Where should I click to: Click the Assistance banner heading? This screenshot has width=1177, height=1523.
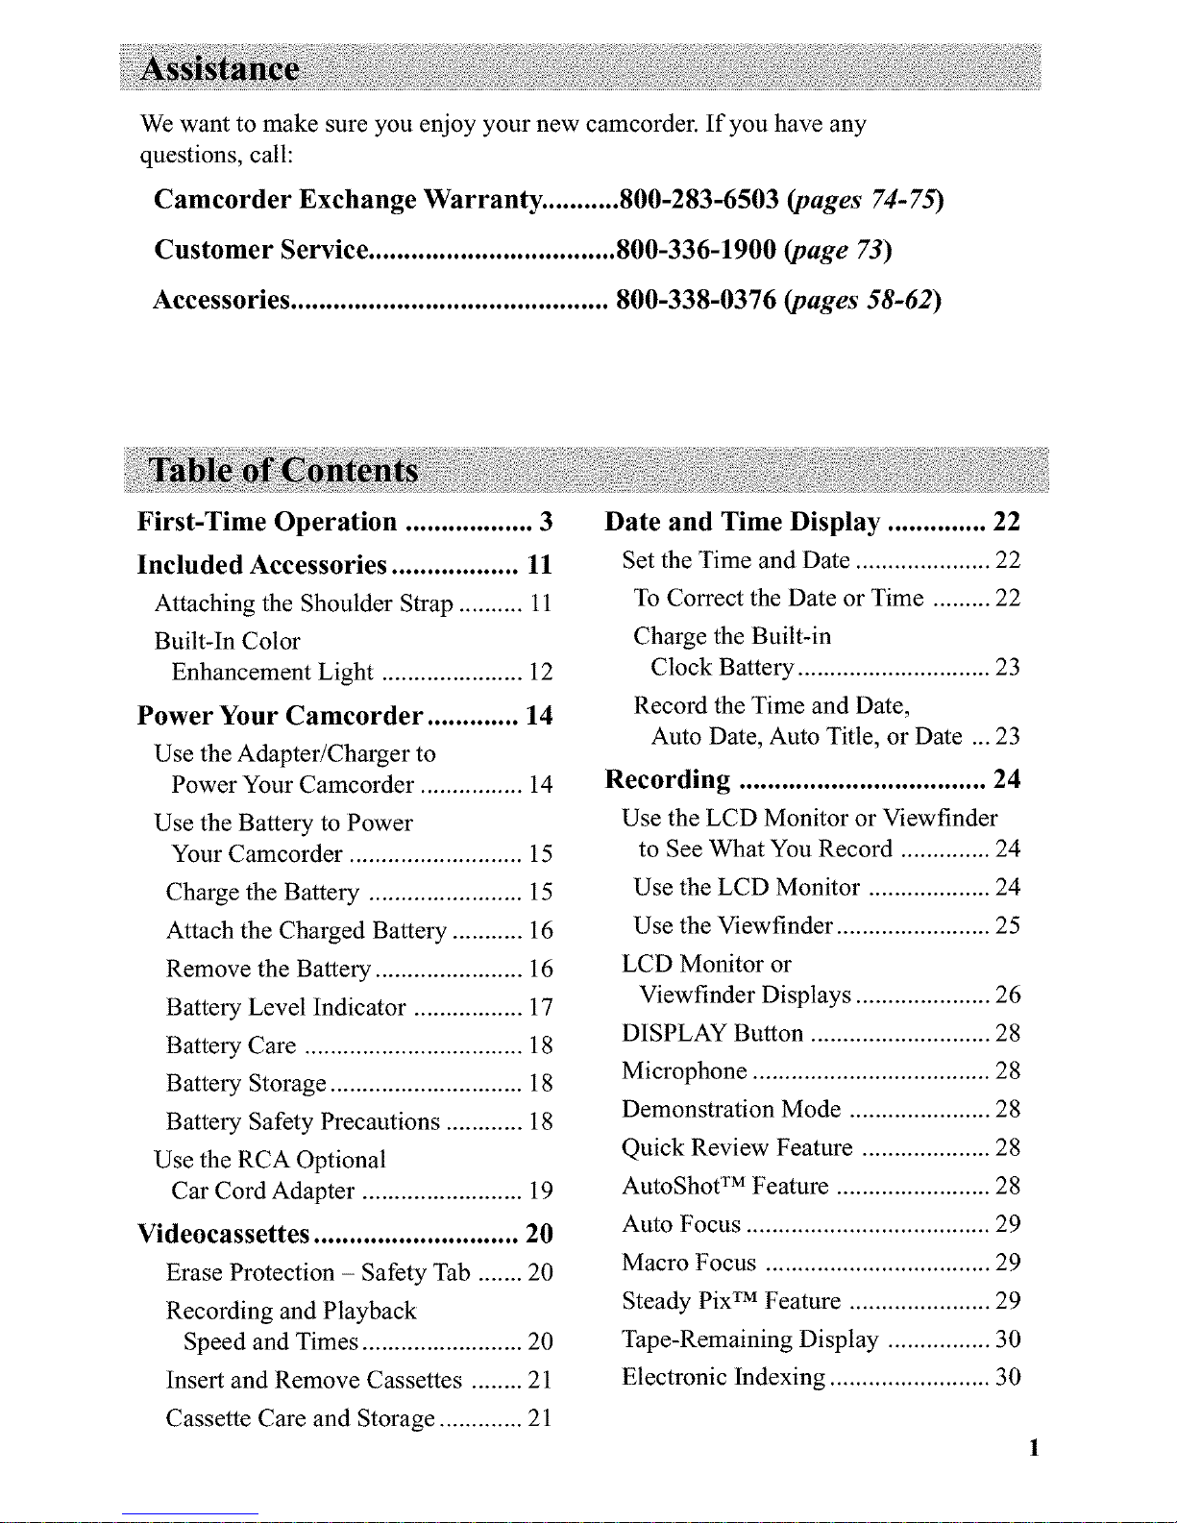[220, 70]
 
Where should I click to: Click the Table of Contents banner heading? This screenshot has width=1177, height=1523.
[284, 471]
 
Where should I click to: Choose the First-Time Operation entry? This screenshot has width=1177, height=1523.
[267, 522]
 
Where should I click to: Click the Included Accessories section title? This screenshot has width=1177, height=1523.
[261, 564]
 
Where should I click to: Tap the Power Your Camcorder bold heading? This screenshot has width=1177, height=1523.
[280, 716]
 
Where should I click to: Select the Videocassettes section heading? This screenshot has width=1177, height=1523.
[224, 1234]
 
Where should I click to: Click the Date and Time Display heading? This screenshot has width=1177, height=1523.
[742, 522]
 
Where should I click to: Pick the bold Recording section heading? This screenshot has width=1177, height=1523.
[668, 779]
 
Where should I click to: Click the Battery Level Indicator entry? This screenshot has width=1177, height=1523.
[285, 1007]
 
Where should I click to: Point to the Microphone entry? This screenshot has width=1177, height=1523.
[684, 1071]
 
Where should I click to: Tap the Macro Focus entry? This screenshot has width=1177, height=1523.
[689, 1263]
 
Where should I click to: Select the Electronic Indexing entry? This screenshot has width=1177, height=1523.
[723, 1377]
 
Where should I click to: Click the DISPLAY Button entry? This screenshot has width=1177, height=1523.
[712, 1033]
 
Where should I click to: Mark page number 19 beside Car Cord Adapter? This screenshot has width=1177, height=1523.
[541, 1191]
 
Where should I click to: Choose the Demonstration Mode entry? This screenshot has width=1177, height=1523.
[731, 1110]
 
